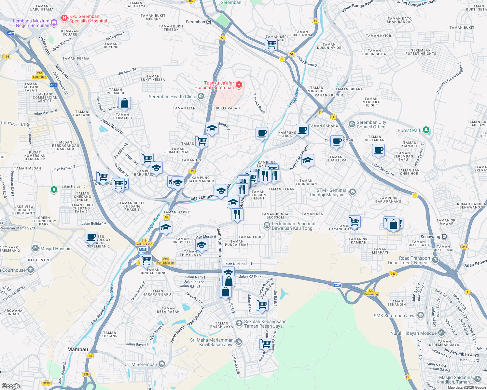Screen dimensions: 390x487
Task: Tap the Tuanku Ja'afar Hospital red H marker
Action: click(239, 85)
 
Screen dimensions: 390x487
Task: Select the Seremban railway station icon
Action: click(209, 22)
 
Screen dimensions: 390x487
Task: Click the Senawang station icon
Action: click(444, 237)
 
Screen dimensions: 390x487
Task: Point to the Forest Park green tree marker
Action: click(426, 130)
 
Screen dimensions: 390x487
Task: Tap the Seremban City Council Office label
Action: click(371, 124)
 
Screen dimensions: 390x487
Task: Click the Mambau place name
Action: click(77, 349)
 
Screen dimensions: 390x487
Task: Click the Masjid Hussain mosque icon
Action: click(35, 249)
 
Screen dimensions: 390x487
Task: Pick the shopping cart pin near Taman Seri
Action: click(271, 44)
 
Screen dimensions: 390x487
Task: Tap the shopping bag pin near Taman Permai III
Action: click(124, 103)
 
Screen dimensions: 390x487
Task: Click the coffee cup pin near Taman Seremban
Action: click(378, 150)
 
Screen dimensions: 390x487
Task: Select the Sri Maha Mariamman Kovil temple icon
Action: click(238, 342)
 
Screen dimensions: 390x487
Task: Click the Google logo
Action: click(11, 386)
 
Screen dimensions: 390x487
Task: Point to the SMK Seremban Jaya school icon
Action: click(420, 315)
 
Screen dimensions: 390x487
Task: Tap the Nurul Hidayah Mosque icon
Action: click(441, 333)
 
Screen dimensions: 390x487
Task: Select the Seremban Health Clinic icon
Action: click(201, 97)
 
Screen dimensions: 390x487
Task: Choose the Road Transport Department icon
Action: click(435, 260)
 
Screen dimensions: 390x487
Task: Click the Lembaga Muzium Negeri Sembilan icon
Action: click(54, 23)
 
